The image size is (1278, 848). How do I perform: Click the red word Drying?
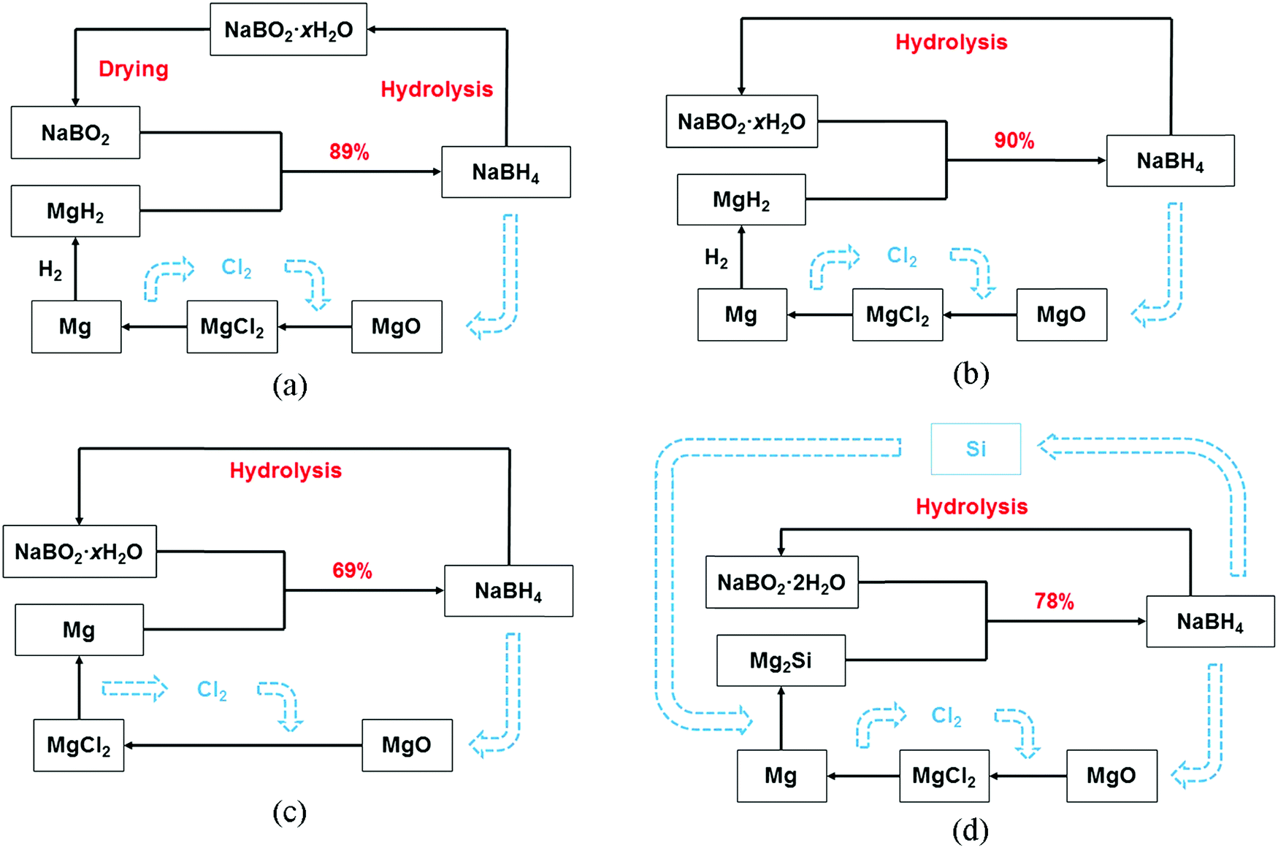point(134,69)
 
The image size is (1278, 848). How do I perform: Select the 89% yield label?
point(349,152)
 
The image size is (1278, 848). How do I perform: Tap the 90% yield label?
point(1014,141)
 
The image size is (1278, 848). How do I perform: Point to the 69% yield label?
point(352,571)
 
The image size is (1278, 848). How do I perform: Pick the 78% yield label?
point(1054,601)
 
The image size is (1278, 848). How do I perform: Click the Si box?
point(976,449)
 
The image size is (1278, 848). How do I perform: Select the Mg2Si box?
point(781,660)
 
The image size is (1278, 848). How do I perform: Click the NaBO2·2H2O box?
point(781,582)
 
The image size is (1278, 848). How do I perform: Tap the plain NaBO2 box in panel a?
point(75,133)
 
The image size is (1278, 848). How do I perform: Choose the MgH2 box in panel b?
point(741,199)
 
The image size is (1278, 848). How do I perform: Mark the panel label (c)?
point(289,812)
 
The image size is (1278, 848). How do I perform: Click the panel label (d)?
point(971,830)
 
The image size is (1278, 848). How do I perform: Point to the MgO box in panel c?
point(407,745)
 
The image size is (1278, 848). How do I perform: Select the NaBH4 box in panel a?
point(506,172)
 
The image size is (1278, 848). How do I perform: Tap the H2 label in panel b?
point(716,258)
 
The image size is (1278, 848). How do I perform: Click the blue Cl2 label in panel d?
point(946,716)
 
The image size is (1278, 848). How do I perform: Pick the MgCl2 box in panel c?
point(79,745)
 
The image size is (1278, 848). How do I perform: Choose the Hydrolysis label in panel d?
point(972,506)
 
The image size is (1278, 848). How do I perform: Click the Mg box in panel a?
point(76,326)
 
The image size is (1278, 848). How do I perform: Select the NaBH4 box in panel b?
point(1171,161)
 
